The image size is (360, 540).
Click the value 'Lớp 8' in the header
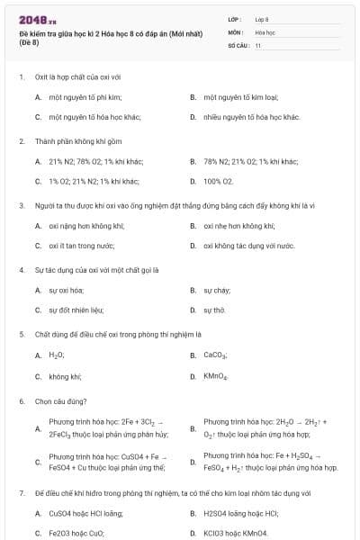(x=262, y=19)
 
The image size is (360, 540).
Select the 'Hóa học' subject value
(x=265, y=31)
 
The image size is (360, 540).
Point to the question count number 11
(x=257, y=44)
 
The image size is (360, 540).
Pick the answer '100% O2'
(x=219, y=181)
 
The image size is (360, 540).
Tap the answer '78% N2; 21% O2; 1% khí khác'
(x=250, y=161)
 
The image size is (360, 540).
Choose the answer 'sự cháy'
(x=216, y=290)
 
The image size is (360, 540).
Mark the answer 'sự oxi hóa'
(x=66, y=290)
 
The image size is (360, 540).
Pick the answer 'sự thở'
(x=214, y=310)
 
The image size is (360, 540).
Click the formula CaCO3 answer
(x=215, y=355)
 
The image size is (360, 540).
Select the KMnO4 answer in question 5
(x=216, y=375)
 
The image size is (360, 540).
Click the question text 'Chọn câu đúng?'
(x=60, y=400)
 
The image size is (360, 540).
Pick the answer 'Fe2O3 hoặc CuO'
(x=76, y=533)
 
